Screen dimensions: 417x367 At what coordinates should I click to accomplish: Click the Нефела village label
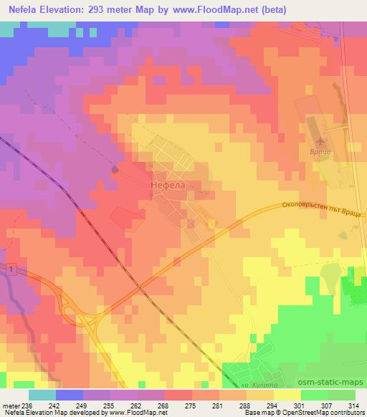point(169,183)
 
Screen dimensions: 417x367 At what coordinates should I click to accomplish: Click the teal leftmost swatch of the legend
point(42,395)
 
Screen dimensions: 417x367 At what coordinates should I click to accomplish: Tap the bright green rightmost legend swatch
point(342,395)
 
